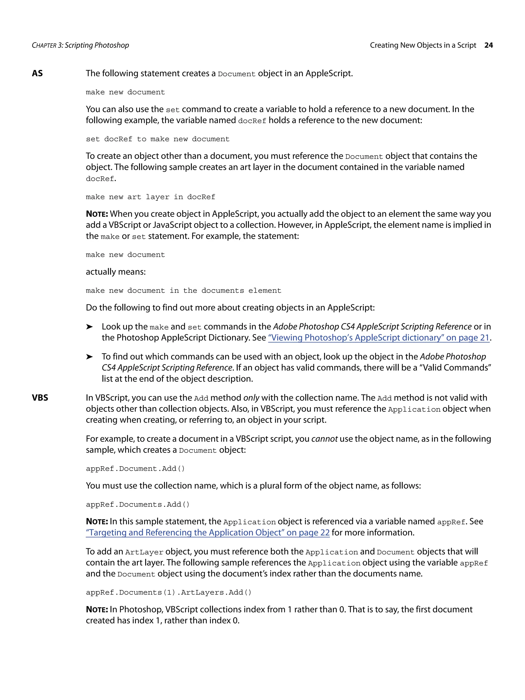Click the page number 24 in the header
coord(488,45)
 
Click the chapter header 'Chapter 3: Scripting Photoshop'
coord(80,45)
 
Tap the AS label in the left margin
coord(37,73)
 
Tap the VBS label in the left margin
coord(40,398)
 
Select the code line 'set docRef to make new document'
coord(157,139)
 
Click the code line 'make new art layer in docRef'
coord(150,197)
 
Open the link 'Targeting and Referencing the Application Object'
coord(208,533)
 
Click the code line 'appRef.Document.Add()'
coord(135,469)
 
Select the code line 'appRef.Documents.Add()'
coord(138,504)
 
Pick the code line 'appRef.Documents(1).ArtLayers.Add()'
coord(169,592)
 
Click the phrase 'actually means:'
coord(116,272)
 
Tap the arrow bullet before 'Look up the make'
coord(89,327)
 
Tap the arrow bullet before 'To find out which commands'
coord(89,357)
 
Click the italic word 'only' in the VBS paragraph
coord(251,398)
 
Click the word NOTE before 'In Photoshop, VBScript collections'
coord(97,610)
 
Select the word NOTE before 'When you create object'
coord(97,214)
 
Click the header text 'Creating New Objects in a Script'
coord(423,45)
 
